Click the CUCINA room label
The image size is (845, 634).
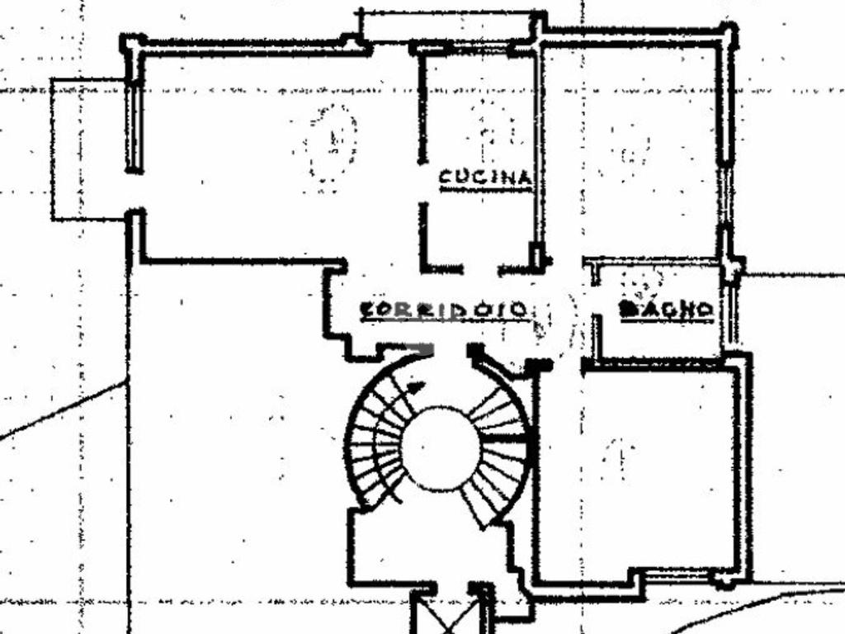pyautogui.click(x=484, y=177)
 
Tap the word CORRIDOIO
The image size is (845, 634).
pyautogui.click(x=444, y=310)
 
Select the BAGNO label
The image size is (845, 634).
pyautogui.click(x=666, y=309)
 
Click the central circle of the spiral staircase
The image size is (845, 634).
pyautogui.click(x=440, y=448)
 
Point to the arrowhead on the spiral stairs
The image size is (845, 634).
pyautogui.click(x=417, y=386)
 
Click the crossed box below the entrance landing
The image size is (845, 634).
pyautogui.click(x=451, y=615)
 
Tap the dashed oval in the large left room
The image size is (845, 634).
pyautogui.click(x=333, y=142)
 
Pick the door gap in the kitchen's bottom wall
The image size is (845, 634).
pyautogui.click(x=480, y=269)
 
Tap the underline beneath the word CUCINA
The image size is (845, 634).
pyautogui.click(x=484, y=190)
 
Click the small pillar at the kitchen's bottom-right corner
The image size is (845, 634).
pyautogui.click(x=536, y=256)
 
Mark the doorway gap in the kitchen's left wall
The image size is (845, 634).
pyautogui.click(x=422, y=182)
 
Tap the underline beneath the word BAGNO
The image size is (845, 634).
pyautogui.click(x=666, y=320)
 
